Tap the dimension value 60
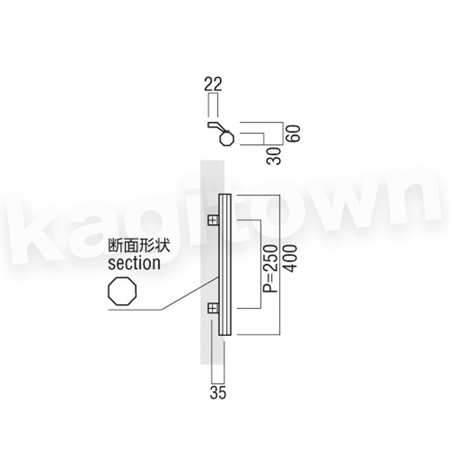(293, 132)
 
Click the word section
(134, 262)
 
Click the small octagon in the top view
(226, 138)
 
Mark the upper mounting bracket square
(212, 220)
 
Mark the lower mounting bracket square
(212, 309)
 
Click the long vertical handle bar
(223, 264)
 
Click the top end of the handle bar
(223, 196)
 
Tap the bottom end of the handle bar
(223, 332)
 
